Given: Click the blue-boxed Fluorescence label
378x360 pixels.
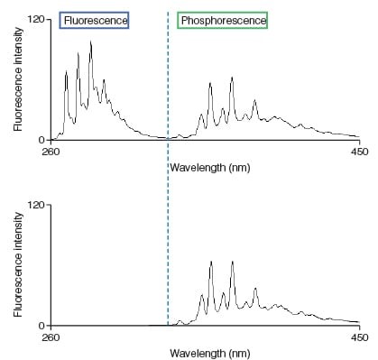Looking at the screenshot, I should click(x=94, y=20).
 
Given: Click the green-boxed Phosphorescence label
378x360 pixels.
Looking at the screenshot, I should click(x=222, y=20).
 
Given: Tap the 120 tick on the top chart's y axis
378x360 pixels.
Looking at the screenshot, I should click(x=37, y=19).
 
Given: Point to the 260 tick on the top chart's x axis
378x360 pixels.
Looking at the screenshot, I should click(x=51, y=152).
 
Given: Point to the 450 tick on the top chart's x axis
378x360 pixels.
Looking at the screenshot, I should click(x=359, y=152).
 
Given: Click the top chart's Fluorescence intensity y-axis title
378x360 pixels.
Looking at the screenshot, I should click(x=18, y=79).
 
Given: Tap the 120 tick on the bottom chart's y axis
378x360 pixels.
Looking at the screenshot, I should click(x=37, y=204).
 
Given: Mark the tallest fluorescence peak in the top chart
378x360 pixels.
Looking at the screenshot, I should click(x=90, y=42).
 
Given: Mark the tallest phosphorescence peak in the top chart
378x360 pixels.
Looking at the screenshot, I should click(x=232, y=78).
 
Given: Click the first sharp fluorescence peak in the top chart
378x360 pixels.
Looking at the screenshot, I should click(x=66, y=73).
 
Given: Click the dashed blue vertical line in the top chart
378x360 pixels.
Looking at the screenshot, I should click(x=168, y=81).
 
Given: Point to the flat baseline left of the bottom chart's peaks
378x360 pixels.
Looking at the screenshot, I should click(x=108, y=324).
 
